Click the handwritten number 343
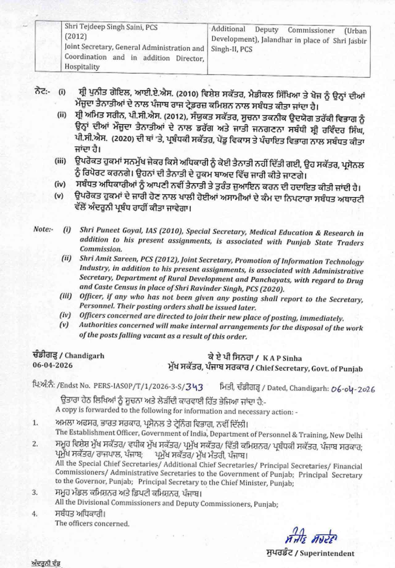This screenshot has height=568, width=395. (x=194, y=387)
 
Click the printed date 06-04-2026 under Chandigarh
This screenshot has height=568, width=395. (x=53, y=365)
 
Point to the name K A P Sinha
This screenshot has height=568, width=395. (x=282, y=358)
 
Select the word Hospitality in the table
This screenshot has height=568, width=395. (x=82, y=67)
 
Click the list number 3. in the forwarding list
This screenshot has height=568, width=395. (x=35, y=492)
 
